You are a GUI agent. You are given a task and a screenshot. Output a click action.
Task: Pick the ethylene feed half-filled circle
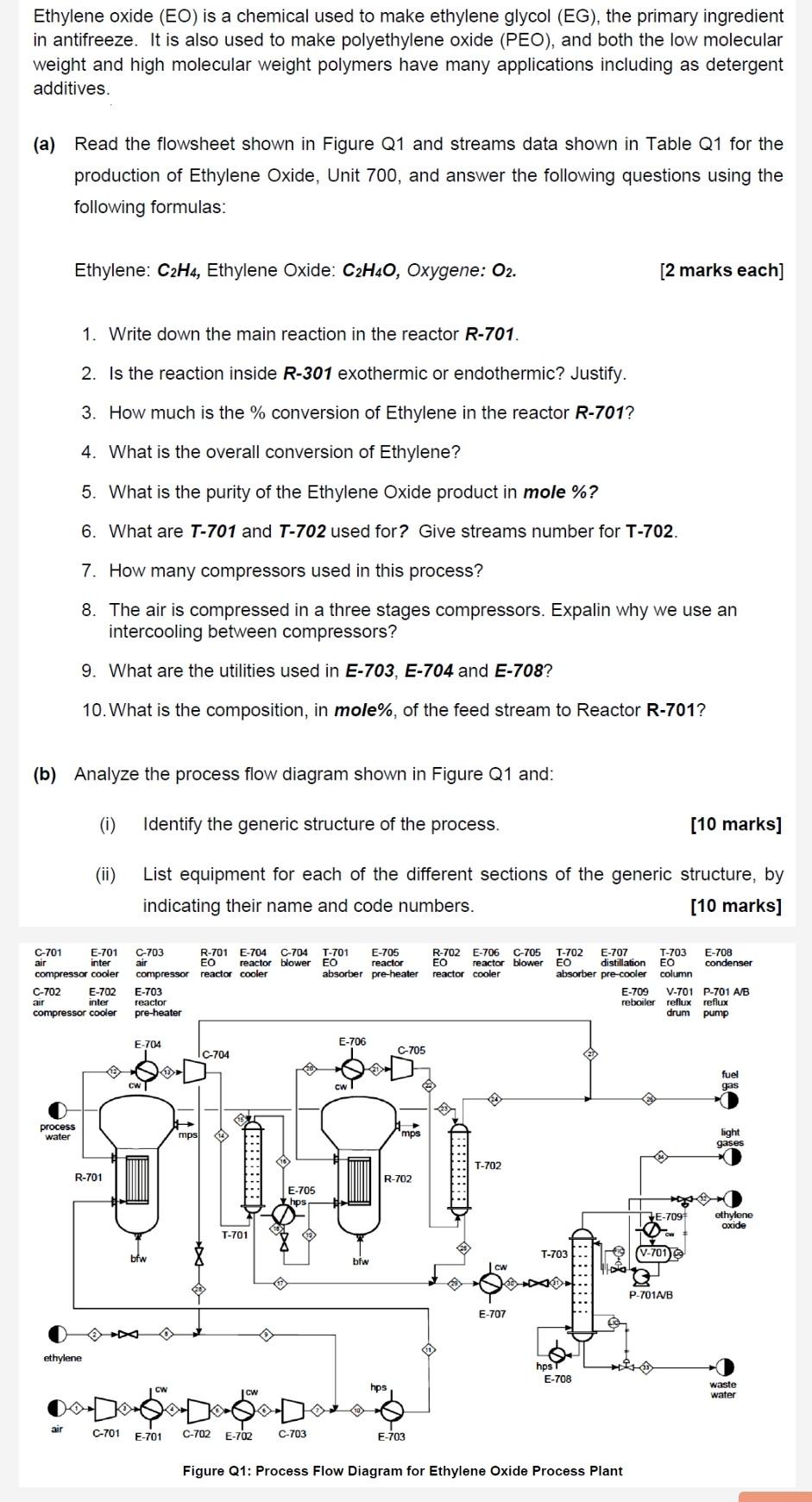57,1335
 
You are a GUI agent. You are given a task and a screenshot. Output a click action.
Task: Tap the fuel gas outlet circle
730,1100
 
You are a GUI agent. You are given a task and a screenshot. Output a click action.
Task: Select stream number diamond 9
267,1335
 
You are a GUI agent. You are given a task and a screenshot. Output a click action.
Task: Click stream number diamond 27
591,1053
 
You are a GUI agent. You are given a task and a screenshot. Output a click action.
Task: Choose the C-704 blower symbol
196,1072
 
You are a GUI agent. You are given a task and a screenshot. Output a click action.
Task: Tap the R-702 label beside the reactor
398,1178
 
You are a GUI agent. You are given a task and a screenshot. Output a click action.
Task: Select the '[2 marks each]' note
721,270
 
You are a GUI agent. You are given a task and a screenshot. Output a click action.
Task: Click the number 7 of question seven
88,570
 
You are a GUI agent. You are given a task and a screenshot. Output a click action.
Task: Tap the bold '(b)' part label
44,774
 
